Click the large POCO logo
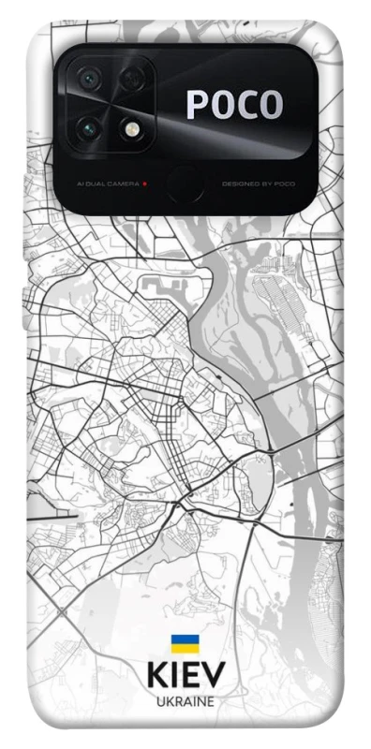tap(234, 105)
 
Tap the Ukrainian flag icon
tap(185, 643)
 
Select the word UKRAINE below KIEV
tap(185, 701)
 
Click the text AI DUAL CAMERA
tap(103, 184)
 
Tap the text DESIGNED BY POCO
tap(259, 184)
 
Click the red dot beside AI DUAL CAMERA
tap(144, 184)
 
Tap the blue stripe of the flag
tap(185, 639)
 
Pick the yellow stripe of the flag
tap(185, 648)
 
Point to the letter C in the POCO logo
tap(245, 105)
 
